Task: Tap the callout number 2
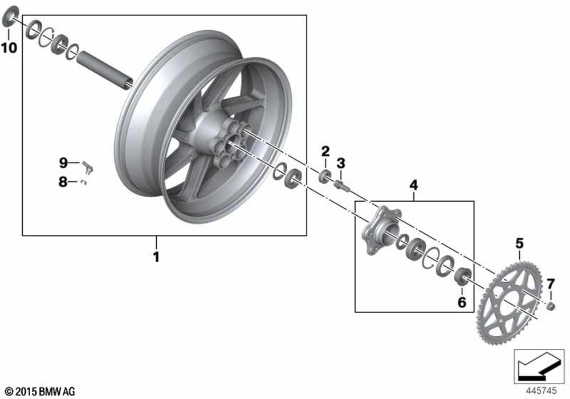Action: [325, 151]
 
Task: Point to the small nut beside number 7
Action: [551, 307]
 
